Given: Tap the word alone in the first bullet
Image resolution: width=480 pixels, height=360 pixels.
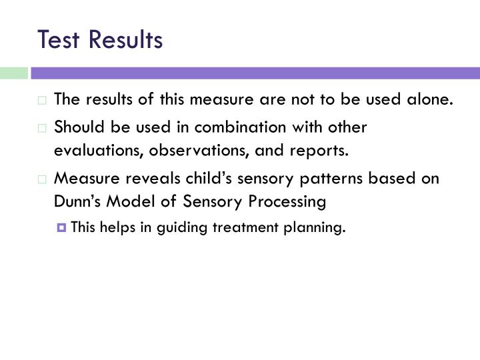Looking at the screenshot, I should pyautogui.click(x=431, y=100).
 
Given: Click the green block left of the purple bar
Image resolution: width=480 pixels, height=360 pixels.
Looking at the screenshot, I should pyautogui.click(x=13, y=73).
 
